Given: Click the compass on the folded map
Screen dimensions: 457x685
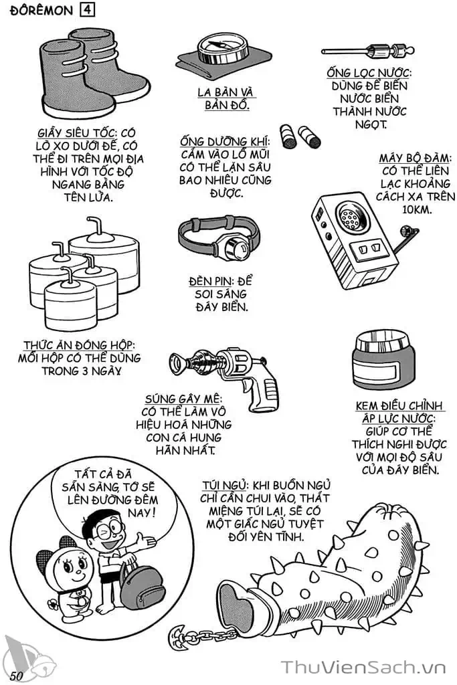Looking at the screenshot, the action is pos(223,49).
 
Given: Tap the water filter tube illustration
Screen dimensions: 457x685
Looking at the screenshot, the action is pos(368,52).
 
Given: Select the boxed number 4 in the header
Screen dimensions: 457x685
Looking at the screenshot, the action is pos(87,9).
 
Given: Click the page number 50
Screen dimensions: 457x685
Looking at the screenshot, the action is pos(16,675).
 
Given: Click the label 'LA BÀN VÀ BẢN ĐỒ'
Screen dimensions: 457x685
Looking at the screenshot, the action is pos(226,99).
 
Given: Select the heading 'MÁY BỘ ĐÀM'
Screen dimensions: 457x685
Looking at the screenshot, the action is pos(415,158).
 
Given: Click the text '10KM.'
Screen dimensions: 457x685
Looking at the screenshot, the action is pos(416,209).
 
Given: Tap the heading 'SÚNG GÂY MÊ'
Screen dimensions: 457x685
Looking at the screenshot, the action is pos(183,399).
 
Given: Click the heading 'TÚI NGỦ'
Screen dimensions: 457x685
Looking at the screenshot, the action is pos(225,486).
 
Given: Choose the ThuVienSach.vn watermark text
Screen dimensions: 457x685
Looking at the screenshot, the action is pos(363,668).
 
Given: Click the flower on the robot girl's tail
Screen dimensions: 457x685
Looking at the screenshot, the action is pos(53,604).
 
